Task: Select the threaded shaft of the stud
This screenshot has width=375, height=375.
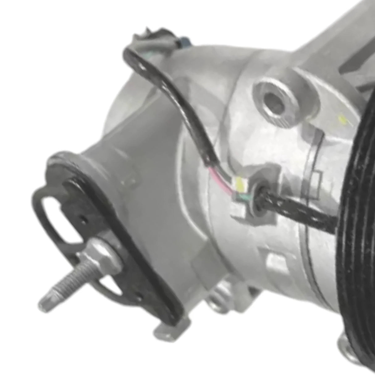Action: (x=66, y=280)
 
